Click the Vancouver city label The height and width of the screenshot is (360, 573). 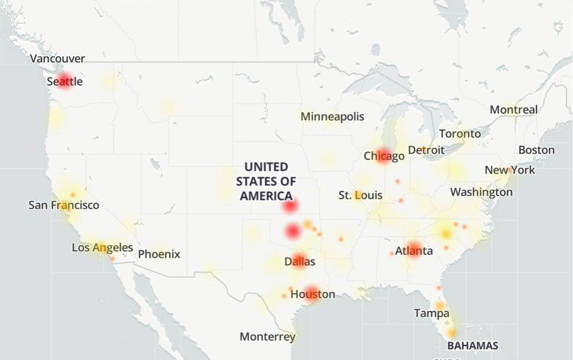coord(57,59)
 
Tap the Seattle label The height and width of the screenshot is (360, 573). coord(65,82)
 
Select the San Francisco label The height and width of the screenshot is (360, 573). coord(64,206)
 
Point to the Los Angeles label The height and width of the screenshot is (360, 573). coord(102,248)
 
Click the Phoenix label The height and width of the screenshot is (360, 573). coord(159,255)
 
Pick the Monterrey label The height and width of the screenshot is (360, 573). coord(267,337)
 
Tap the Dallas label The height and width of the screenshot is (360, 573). coord(299,262)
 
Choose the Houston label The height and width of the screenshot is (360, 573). coord(312,294)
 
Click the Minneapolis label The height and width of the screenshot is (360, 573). coord(332,117)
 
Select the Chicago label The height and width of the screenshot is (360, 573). coord(384,157)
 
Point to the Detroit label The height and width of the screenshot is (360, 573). coord(426,151)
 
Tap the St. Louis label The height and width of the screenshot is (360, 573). coord(360,196)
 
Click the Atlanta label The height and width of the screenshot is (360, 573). coord(414,251)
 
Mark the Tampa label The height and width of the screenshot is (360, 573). coord(431,313)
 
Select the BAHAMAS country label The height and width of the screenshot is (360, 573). coord(472,346)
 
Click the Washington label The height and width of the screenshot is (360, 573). coord(481,192)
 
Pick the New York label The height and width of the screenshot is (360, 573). coord(510,170)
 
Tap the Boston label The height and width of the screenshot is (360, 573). coord(536,150)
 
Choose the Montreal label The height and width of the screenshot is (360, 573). coord(513,110)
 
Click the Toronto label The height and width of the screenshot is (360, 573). coord(460,134)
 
